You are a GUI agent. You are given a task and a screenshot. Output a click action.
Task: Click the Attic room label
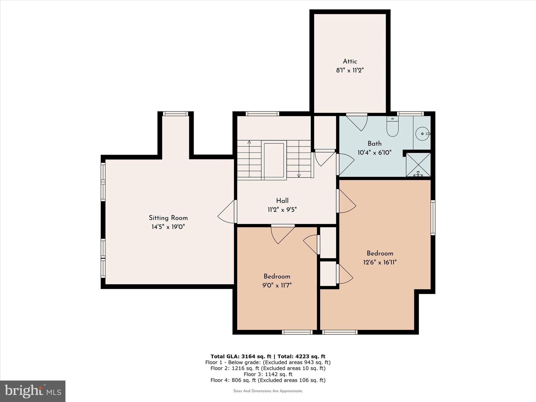350,62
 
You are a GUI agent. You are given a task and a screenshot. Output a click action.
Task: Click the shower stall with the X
418,165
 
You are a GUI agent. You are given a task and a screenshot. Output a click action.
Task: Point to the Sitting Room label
168,218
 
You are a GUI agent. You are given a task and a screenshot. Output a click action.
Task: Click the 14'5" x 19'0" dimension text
168,227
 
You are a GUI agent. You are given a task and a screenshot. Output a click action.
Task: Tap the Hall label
282,201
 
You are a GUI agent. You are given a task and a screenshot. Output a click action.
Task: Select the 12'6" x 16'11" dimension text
380,262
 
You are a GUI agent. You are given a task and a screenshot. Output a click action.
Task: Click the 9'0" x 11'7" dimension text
277,285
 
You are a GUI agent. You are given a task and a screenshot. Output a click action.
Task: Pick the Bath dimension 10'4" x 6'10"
375,152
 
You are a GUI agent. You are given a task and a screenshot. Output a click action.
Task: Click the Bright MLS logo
33,391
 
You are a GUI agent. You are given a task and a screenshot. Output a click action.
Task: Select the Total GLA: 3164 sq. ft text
241,356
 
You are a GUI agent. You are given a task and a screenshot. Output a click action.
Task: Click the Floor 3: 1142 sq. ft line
268,374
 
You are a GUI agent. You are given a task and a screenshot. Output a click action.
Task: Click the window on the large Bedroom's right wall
433,217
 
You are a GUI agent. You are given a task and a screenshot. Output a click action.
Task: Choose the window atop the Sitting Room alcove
175,114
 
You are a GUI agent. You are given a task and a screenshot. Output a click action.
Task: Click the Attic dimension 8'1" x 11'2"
350,70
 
